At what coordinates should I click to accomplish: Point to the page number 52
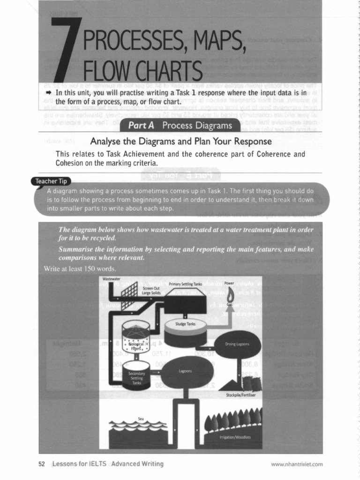tap(41, 464)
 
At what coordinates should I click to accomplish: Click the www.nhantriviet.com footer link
tap(297, 465)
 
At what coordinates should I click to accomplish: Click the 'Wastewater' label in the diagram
tap(111, 279)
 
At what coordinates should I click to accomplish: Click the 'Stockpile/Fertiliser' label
tap(240, 395)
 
